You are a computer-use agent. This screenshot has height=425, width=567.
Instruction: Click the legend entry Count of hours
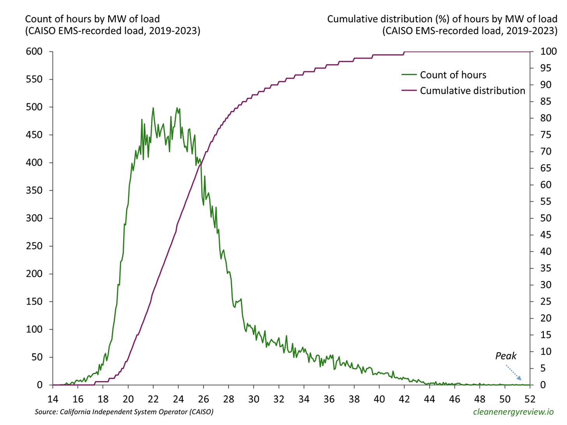(x=453, y=75)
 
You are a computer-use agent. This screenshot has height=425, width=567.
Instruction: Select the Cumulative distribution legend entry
(x=472, y=91)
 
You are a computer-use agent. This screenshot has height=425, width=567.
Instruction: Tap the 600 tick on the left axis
(x=34, y=51)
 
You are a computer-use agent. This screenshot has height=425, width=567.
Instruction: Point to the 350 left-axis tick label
(x=34, y=190)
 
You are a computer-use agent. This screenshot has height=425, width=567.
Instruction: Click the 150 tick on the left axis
(x=34, y=302)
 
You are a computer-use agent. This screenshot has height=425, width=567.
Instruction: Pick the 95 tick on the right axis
(x=546, y=68)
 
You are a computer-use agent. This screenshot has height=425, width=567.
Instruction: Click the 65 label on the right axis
(x=546, y=168)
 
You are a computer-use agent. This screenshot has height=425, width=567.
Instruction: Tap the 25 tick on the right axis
(x=546, y=302)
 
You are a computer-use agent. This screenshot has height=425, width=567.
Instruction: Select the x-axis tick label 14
(x=53, y=399)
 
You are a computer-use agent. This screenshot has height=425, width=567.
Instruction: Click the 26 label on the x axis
(x=203, y=399)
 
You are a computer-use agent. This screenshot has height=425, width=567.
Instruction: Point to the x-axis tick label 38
(x=354, y=399)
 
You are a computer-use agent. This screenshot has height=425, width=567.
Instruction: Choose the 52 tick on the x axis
(x=530, y=399)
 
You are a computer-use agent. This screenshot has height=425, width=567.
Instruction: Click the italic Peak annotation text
(x=505, y=356)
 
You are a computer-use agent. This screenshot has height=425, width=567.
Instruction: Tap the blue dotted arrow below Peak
(x=514, y=372)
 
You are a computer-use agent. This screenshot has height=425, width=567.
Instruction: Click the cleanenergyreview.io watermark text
(x=513, y=412)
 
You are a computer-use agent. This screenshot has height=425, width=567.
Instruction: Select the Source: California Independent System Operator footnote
(x=124, y=412)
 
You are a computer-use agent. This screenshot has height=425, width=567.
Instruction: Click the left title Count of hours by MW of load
(x=92, y=19)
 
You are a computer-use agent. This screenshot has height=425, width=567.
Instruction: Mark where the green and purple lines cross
(x=201, y=165)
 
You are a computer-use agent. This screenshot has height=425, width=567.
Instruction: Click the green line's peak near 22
(x=153, y=108)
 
